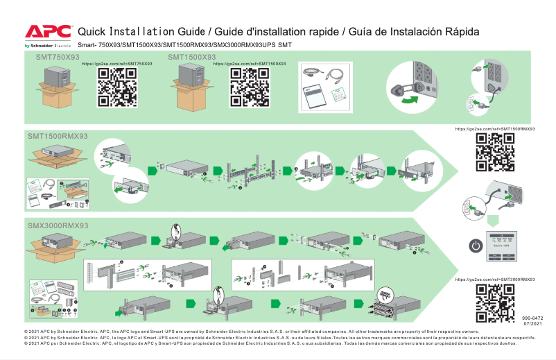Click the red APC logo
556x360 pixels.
[x=48, y=31]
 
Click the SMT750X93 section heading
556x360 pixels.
[x=58, y=57]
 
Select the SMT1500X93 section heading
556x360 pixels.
[x=191, y=57]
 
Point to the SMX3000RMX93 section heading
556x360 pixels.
[x=58, y=226]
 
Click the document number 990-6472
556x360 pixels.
[x=533, y=318]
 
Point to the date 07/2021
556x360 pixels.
[x=533, y=324]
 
